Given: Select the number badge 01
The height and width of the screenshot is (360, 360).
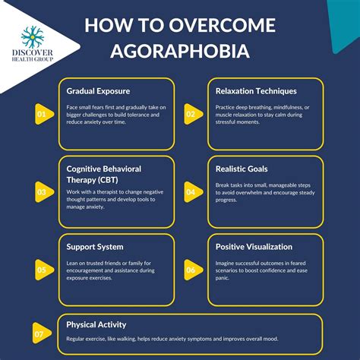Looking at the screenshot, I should click(x=43, y=115).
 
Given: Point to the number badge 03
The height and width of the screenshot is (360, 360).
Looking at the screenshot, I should click(x=43, y=192).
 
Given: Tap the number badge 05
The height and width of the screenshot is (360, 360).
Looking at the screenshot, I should click(x=43, y=269).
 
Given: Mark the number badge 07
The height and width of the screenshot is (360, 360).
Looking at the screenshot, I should click(x=39, y=333).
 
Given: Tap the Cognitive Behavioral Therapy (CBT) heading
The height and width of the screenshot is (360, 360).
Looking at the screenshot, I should click(x=103, y=174).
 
